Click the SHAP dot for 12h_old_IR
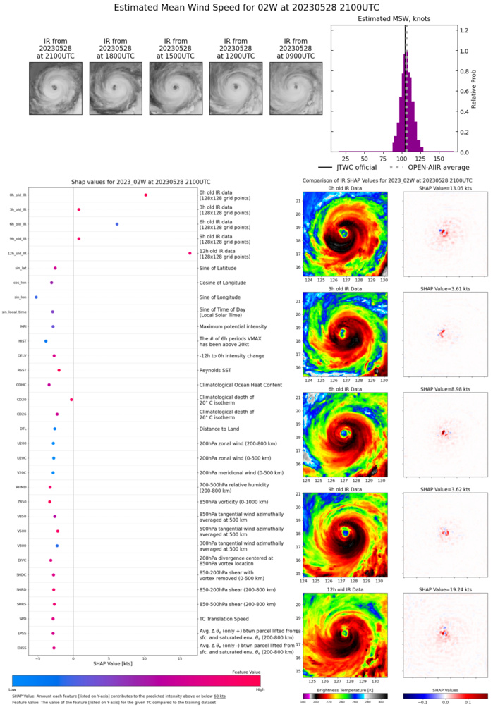tap(190, 253)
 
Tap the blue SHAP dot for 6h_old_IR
tap(117, 224)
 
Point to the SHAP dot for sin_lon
tap(37, 297)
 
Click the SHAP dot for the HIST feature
tap(47, 341)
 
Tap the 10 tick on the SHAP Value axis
tap(145, 656)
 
